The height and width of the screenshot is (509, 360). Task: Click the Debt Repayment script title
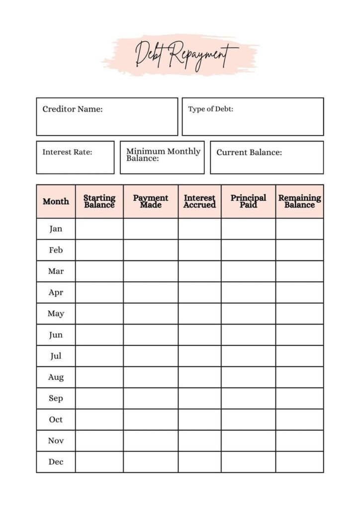185,54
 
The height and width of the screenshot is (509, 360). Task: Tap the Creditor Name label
73,109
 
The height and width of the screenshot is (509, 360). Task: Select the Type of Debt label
210,109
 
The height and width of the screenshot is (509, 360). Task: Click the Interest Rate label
67,152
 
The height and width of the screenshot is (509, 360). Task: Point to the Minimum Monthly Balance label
163,155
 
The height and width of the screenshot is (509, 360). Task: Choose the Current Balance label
249,153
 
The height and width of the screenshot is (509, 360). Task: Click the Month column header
56,201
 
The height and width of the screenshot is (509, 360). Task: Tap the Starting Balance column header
99,201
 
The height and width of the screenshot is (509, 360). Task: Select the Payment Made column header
151,201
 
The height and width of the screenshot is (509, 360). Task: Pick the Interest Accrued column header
199,201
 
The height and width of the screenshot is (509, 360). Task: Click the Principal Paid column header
248,201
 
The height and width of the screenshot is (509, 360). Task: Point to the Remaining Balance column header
299,201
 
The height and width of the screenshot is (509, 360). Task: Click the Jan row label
56,229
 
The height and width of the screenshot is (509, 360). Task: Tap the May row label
56,314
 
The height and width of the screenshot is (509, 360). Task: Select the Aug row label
56,377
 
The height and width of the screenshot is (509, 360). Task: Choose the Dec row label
56,462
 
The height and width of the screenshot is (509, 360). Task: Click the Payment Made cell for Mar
151,271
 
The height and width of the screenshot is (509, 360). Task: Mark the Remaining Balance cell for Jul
299,356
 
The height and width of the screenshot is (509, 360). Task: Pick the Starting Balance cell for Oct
99,420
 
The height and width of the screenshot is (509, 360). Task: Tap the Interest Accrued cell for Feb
199,250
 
